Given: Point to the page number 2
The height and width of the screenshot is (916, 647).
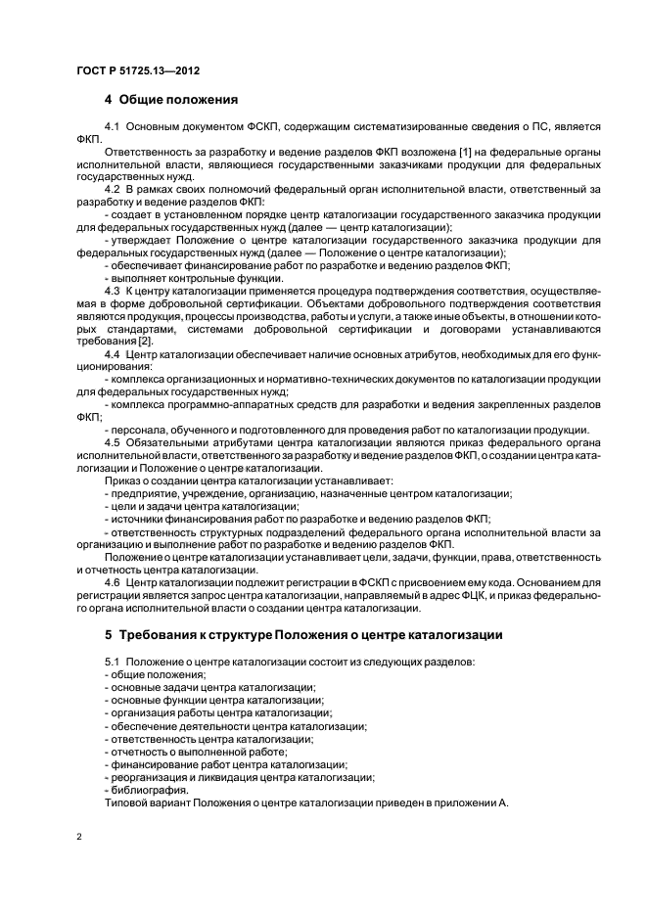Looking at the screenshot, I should (79, 838).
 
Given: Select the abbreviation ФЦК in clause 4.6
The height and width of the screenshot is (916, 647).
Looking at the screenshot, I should (507, 595).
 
